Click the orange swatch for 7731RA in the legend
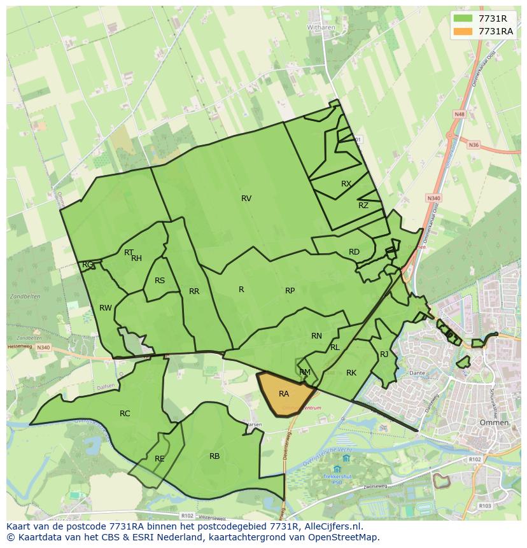click(x=463, y=31)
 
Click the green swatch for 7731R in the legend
click(x=463, y=18)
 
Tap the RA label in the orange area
click(x=284, y=394)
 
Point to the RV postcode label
click(x=246, y=199)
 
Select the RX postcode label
click(x=346, y=184)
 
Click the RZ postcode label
click(x=363, y=206)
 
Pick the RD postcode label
click(x=354, y=252)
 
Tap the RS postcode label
click(x=160, y=281)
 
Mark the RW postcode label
click(x=106, y=308)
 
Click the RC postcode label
click(x=125, y=414)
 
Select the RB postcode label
click(x=214, y=456)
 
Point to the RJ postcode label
click(x=384, y=355)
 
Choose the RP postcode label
click(x=290, y=291)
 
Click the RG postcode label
click(x=88, y=265)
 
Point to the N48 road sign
click(x=459, y=114)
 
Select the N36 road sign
click(x=474, y=145)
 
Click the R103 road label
click(x=486, y=506)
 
